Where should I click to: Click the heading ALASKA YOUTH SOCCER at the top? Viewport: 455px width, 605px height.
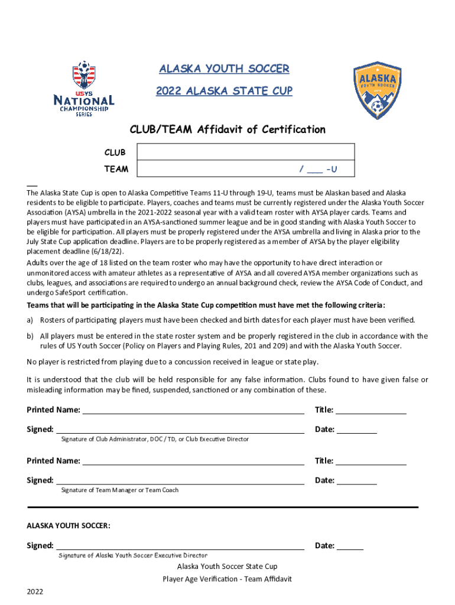coord(224,69)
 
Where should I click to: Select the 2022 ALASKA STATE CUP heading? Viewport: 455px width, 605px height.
coord(224,92)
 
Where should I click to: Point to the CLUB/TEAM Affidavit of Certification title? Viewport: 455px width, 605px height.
coord(227,129)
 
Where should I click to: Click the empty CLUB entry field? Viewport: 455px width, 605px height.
coord(245,152)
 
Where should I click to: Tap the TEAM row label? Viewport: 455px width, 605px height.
coord(116,169)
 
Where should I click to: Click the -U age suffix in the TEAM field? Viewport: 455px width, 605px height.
coord(331,170)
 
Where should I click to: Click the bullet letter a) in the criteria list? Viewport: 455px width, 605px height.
coord(30,320)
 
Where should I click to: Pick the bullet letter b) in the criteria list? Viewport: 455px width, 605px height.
coord(30,336)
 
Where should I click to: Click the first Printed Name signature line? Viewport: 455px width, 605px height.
coord(193,410)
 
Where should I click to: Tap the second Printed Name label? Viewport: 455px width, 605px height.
coord(53,461)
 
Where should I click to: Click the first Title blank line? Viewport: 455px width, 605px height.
coord(371,410)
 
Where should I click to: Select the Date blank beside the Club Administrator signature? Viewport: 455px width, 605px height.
coord(357,430)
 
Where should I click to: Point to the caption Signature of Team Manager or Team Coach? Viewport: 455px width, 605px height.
coord(120,490)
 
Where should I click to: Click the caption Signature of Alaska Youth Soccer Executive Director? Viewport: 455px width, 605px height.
coord(133,555)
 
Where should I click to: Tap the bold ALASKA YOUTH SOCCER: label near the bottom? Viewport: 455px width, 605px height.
coord(69,525)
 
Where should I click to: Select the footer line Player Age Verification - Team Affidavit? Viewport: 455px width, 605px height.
coord(227,579)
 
